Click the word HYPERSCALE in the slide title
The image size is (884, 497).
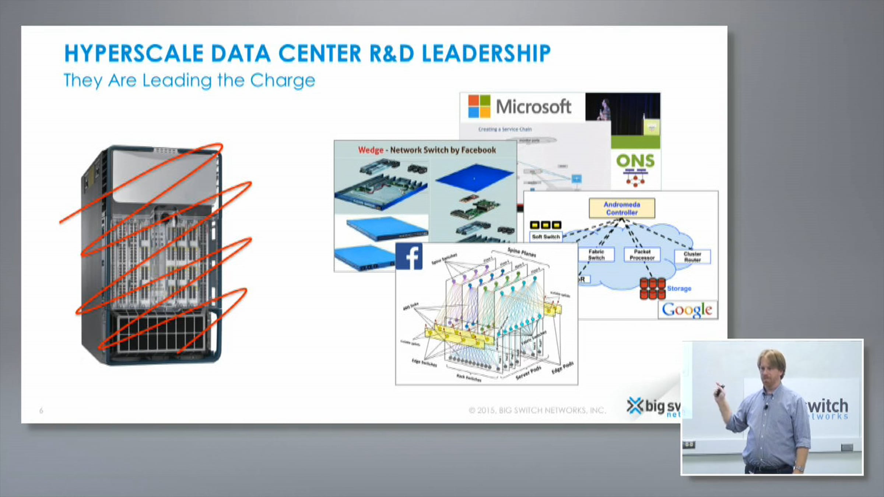[x=134, y=53]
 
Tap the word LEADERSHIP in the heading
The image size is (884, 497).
[x=486, y=53]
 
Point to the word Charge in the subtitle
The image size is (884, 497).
[x=283, y=80]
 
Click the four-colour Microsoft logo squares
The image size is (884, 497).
[x=479, y=106]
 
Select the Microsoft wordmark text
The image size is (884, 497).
[x=533, y=107]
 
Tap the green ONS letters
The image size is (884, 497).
[x=635, y=161]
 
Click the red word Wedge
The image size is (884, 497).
[x=371, y=150]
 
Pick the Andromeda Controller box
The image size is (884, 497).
[x=622, y=208]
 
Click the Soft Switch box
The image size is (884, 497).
[x=546, y=237]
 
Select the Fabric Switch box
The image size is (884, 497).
[x=596, y=255]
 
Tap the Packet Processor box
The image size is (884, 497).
[x=642, y=255]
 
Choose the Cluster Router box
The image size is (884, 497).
[x=692, y=257]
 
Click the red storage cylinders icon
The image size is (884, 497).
[x=652, y=288]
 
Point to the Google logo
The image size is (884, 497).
[x=687, y=310]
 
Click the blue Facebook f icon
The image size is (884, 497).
[x=409, y=257]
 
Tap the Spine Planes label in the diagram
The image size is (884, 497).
[x=522, y=252]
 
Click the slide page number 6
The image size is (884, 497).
[x=41, y=410]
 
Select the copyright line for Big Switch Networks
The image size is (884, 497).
[x=537, y=410]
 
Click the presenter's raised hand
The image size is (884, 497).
[x=719, y=390]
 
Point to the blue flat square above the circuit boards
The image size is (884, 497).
[x=474, y=178]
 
